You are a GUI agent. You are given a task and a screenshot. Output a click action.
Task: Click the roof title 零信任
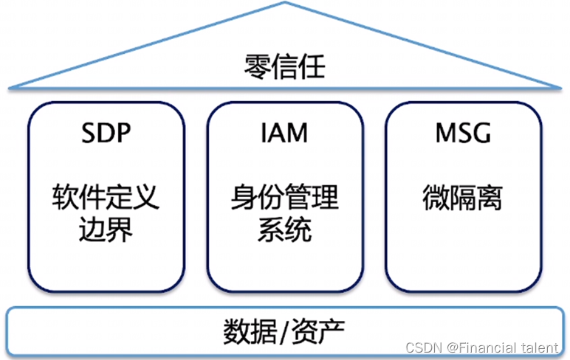click(x=284, y=69)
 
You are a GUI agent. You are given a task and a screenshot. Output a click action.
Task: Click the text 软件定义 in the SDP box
click(x=106, y=198)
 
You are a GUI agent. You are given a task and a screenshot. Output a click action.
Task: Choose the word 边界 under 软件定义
click(x=106, y=230)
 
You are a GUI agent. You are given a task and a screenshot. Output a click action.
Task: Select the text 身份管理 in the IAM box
click(x=284, y=198)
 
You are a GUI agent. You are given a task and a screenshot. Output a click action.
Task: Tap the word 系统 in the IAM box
click(x=284, y=230)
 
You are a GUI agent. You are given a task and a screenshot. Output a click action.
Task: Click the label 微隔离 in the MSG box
click(x=463, y=198)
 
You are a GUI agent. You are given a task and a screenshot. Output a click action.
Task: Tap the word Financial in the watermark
click(x=493, y=347)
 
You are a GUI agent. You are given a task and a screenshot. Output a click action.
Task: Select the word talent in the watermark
click(x=542, y=347)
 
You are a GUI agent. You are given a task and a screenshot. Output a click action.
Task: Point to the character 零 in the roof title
click(x=257, y=69)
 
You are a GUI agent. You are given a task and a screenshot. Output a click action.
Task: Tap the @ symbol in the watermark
click(x=454, y=347)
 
